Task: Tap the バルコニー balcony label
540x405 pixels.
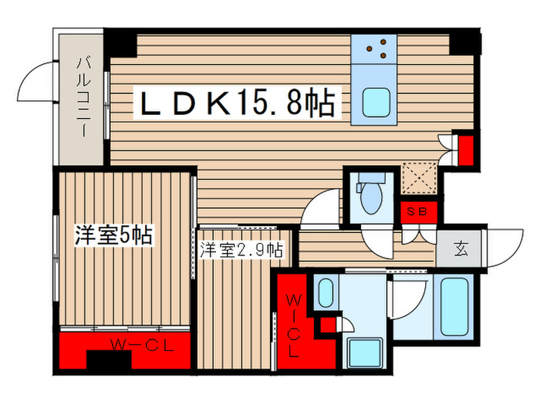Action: point(81,98)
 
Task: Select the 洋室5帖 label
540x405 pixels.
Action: point(113,235)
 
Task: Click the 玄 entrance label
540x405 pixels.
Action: point(461,249)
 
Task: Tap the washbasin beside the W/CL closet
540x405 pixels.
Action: point(326,295)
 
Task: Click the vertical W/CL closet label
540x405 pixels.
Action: point(295,324)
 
